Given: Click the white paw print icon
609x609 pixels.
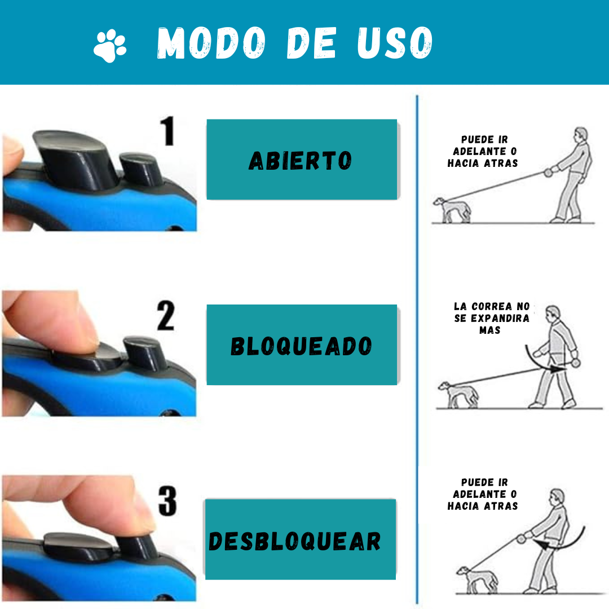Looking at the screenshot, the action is tap(110, 46).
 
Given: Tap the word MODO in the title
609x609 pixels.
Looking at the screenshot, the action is tap(211, 43).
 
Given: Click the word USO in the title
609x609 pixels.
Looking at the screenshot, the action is tap(395, 43).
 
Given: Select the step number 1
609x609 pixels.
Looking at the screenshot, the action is tap(168, 131).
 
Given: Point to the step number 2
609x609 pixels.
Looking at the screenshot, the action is tap(166, 315).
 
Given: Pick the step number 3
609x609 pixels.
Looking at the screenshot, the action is tap(167, 501).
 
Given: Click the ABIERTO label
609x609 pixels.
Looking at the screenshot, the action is tap(300, 161).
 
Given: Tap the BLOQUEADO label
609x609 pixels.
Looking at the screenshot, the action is tap(301, 346).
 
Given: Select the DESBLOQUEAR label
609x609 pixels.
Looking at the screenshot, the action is tap(295, 541).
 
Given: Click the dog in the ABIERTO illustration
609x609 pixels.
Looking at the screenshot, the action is tap(452, 210).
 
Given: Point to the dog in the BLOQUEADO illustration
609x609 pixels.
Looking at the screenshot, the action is tap(458, 395).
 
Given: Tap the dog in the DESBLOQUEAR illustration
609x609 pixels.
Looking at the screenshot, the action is tap(478, 580).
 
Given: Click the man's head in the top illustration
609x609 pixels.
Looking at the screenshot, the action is tap(581, 135).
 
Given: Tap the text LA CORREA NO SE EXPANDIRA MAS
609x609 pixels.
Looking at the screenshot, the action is tap(492, 318).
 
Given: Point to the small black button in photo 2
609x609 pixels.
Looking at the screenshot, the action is tap(145, 354).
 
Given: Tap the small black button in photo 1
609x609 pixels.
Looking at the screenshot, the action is tap(140, 169).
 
